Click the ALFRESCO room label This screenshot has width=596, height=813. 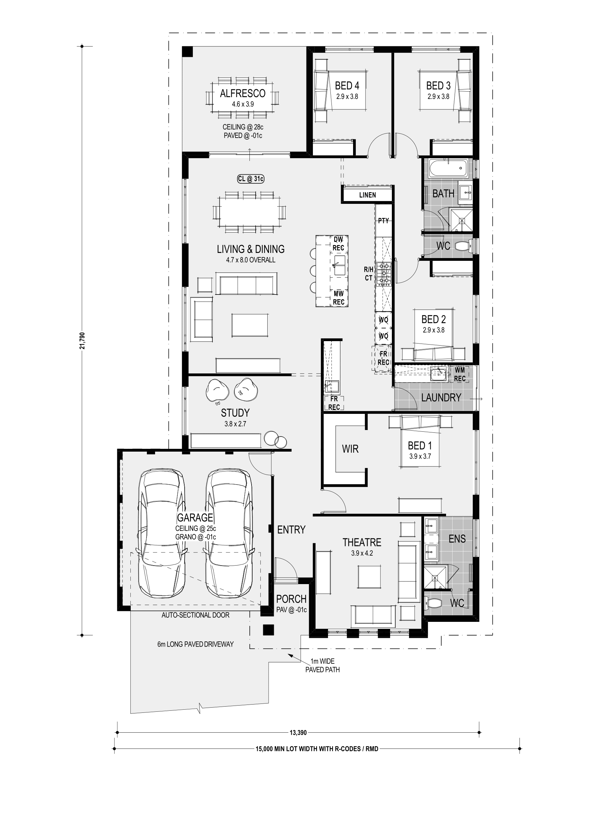(243, 93)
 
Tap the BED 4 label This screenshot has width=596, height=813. (347, 85)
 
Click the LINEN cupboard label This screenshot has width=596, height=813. (367, 195)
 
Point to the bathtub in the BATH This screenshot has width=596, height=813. (448, 169)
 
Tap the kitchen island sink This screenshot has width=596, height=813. (339, 265)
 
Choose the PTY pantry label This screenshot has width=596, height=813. (383, 220)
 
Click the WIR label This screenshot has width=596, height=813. (350, 449)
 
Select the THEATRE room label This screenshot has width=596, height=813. (362, 542)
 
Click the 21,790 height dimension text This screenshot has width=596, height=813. (83, 341)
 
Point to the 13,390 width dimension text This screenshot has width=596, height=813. (298, 733)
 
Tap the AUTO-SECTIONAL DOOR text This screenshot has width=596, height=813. (195, 615)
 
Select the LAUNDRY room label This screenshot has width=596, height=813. (441, 398)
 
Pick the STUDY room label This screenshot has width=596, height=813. (235, 413)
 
